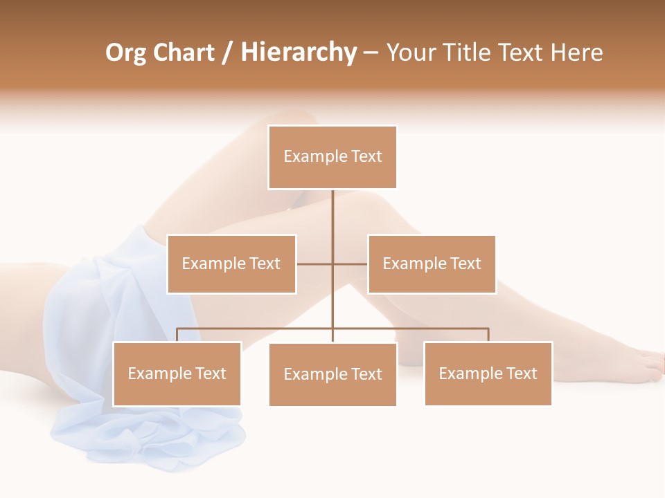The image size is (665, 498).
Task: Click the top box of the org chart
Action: click(332, 157)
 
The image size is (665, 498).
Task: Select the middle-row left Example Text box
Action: click(231, 264)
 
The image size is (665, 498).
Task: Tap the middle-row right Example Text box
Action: click(432, 264)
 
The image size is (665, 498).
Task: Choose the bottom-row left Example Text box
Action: click(177, 373)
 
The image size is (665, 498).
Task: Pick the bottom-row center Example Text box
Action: click(332, 374)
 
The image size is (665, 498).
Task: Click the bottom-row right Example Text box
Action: click(488, 373)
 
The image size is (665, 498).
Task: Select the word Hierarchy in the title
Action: click(299, 53)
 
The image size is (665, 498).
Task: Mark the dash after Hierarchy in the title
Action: click(371, 53)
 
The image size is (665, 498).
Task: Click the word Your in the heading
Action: click(411, 53)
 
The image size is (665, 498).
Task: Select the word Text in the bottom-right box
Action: click(522, 373)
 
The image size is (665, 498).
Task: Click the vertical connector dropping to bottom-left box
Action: click(177, 335)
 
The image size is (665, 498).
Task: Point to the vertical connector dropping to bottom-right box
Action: click(488, 335)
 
